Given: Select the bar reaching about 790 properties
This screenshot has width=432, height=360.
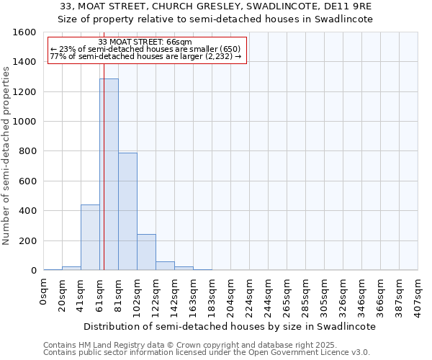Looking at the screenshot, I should (x=127, y=212).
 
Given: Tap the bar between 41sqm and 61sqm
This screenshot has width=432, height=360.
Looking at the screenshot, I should (x=90, y=238).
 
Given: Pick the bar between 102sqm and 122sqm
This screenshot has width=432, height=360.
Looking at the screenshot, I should (x=146, y=252).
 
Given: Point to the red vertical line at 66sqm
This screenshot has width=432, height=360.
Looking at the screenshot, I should (x=104, y=166).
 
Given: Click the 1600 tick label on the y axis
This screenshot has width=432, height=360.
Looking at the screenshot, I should (x=24, y=32).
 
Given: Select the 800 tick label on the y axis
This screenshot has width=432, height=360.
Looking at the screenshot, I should (x=27, y=151).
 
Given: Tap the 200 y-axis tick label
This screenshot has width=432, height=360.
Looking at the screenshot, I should (x=27, y=240).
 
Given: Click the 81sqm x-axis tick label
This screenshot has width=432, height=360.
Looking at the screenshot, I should (x=119, y=294).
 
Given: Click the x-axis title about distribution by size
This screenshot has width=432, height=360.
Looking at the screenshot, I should (x=230, y=326).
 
